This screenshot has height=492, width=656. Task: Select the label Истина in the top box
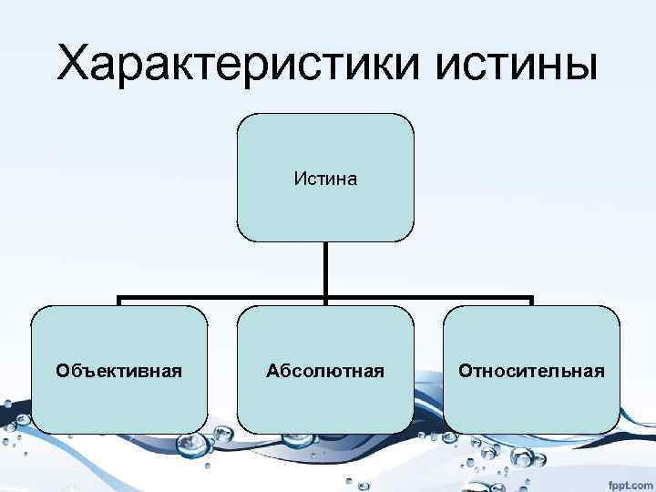(325, 179)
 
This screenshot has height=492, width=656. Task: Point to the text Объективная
(118, 371)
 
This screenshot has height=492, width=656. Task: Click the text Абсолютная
(325, 371)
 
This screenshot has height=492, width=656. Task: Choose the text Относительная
(532, 371)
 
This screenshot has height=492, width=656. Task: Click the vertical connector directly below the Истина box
(325, 269)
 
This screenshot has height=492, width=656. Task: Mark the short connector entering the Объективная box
(119, 302)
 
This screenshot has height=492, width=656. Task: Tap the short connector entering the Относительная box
(532, 302)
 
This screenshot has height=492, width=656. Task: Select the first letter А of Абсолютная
(272, 371)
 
